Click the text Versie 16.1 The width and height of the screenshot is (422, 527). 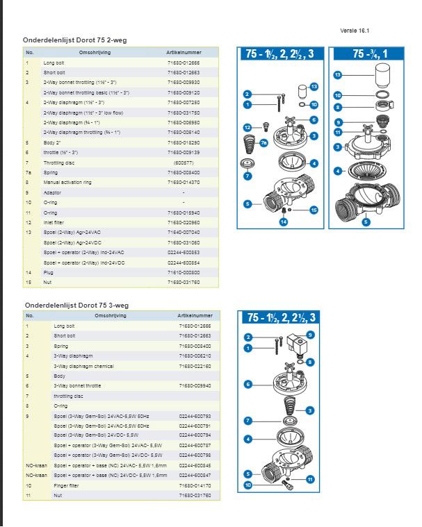coord(355,31)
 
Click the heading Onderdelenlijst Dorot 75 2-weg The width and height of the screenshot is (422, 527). coord(75,40)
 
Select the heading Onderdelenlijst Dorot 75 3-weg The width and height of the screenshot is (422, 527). coord(76,305)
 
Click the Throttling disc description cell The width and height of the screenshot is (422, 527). coord(59,162)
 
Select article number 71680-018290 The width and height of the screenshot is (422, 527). coord(184,142)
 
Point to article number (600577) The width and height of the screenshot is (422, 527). coord(184,162)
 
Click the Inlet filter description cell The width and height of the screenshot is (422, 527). coord(54,222)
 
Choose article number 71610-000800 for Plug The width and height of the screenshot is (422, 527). coord(184,273)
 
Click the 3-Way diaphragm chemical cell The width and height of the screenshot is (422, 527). coord(78,366)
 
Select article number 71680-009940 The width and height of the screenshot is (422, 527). coord(194,385)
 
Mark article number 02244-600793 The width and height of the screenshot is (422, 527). coord(194,415)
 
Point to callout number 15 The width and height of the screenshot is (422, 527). coord(314,209)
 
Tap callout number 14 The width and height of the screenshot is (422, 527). coord(283,221)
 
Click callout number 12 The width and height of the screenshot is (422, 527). coord(247,127)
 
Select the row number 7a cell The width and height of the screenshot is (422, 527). coord(29,172)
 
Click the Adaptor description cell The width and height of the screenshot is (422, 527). coord(53,192)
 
